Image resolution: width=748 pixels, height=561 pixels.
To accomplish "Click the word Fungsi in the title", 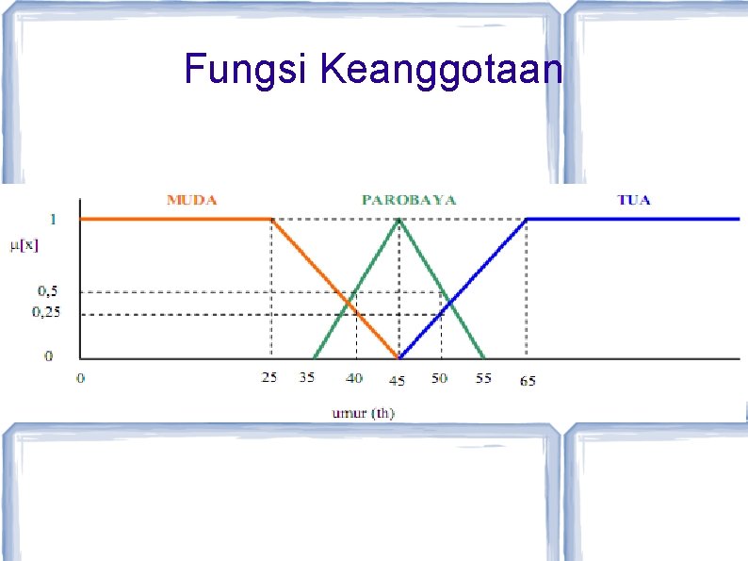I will [x=247, y=69].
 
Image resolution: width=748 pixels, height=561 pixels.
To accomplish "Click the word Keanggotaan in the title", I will [x=441, y=70].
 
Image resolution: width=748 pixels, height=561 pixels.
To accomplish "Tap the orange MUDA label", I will [x=191, y=200].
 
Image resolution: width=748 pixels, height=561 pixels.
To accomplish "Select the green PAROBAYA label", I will [x=409, y=200].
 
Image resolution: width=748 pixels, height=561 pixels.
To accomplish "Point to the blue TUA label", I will [x=634, y=200].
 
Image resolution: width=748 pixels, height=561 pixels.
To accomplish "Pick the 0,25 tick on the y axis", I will [x=46, y=312].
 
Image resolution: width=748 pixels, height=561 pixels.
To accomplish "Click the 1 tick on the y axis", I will [x=52, y=219].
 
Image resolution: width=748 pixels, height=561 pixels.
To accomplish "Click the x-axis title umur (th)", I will [x=363, y=412].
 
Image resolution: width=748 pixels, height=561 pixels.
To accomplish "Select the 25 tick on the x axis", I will [x=268, y=378].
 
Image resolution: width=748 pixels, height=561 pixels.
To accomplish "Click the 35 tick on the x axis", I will [x=307, y=378].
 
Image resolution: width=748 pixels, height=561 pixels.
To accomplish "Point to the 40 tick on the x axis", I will [x=353, y=378].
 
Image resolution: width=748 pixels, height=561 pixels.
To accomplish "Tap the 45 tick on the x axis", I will [x=398, y=381].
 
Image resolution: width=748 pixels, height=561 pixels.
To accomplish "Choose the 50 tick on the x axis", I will [x=440, y=378].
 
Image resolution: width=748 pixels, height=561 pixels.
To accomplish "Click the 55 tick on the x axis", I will [x=482, y=378].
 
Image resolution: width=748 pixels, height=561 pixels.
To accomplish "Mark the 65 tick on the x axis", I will [x=527, y=381].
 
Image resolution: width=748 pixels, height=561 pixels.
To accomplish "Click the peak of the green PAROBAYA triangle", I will [x=399, y=219].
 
